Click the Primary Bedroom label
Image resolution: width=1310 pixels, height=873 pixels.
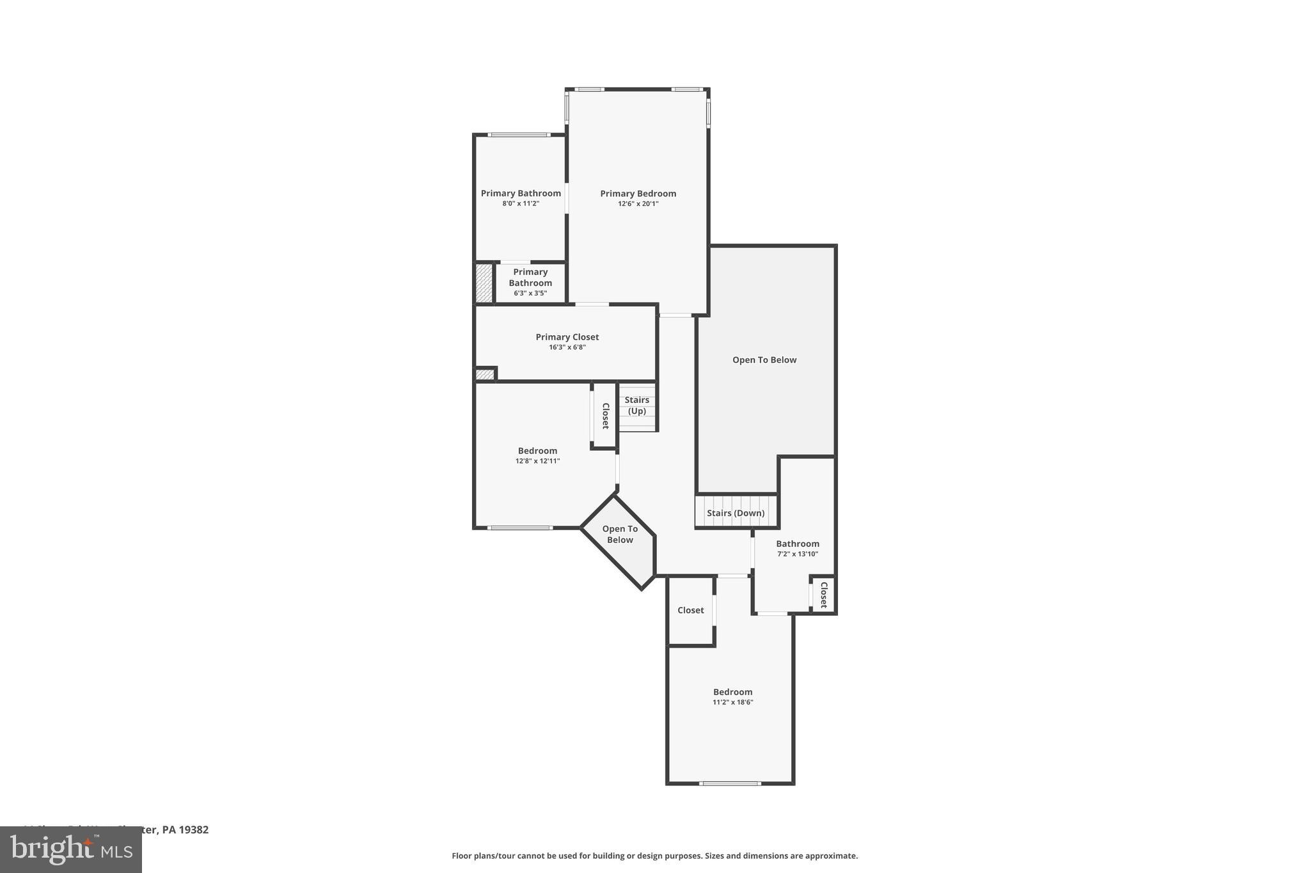pos(638,194)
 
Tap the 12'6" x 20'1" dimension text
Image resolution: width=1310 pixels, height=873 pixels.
pos(638,204)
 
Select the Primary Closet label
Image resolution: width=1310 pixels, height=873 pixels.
pos(567,337)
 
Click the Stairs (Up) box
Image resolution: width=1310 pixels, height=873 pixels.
pos(637,406)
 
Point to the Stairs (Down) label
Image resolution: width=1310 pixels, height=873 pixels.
pos(736,513)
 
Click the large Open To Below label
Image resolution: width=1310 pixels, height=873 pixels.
pos(764,360)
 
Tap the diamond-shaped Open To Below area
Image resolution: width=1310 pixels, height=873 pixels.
pos(620,535)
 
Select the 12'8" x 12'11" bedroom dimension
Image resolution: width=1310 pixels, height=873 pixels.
pos(537,461)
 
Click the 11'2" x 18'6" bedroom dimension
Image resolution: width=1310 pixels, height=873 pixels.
pos(733,702)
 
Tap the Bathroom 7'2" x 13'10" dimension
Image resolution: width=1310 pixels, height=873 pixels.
pos(798,554)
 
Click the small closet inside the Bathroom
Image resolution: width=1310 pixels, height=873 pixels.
pos(823,595)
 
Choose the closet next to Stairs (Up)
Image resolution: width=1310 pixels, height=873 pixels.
pos(605,416)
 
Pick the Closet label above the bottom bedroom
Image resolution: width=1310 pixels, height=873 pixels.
pos(690,610)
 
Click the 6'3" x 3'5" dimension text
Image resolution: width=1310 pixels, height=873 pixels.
pos(530,294)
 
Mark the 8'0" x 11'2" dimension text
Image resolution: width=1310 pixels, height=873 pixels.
pos(521,204)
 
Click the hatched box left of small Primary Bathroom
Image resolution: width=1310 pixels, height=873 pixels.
pos(484,283)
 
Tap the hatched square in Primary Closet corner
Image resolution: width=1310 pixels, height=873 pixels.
pos(485,375)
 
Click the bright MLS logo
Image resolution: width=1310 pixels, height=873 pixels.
pos(71,850)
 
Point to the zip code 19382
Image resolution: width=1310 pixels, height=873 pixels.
pos(194,830)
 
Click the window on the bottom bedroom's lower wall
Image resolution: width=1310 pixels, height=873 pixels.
pos(730,783)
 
